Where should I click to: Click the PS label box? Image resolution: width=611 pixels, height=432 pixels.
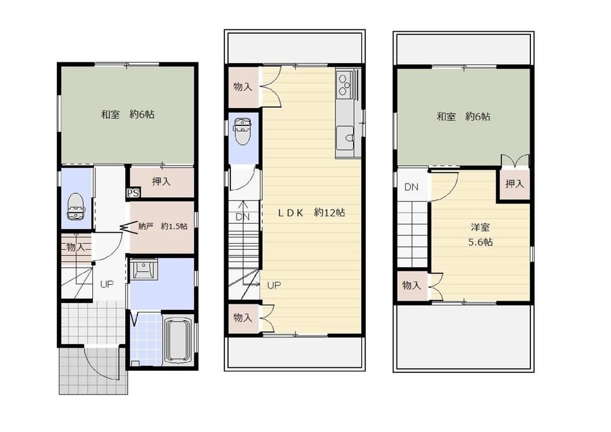tap(133, 193)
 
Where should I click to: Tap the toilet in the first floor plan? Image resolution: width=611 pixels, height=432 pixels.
tap(76, 207)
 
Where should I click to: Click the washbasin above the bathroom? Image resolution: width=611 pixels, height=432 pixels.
tap(144, 269)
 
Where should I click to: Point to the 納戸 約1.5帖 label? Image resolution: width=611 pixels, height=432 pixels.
tap(163, 226)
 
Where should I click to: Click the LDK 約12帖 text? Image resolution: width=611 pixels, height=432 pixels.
tap(312, 213)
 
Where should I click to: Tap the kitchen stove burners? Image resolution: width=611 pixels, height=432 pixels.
tap(345, 84)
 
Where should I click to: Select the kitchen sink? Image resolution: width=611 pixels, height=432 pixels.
tap(345, 138)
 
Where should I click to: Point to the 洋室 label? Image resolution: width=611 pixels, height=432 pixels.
tap(480, 227)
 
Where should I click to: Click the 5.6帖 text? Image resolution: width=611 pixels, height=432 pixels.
tap(480, 243)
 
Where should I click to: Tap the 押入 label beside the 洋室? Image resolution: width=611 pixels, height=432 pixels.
tap(514, 183)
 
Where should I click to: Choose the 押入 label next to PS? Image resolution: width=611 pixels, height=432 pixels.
tap(161, 181)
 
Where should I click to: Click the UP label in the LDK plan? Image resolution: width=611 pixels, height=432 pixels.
tap(274, 285)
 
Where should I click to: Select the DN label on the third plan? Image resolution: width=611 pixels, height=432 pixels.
tap(411, 188)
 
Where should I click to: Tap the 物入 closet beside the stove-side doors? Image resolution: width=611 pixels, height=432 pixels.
tap(243, 87)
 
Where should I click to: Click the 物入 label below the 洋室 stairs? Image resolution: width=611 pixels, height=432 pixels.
tap(411, 285)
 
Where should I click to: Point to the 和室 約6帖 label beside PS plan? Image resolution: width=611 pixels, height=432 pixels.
tap(128, 114)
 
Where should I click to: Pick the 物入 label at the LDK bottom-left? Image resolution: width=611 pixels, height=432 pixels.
tap(243, 318)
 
